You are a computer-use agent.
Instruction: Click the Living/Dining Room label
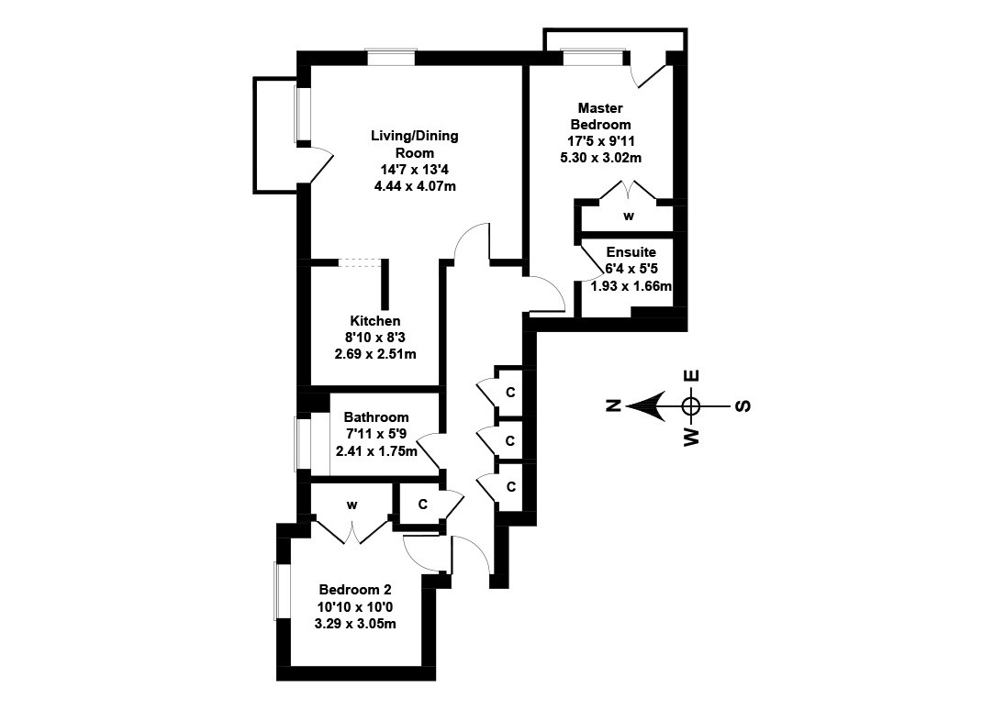coord(414,144)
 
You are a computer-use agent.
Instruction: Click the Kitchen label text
coord(374,321)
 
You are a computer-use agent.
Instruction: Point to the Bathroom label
coord(376,417)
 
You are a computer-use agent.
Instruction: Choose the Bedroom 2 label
coord(357,590)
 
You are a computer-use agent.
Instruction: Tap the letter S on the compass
coord(743,405)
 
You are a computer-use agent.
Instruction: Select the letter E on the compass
coord(693,375)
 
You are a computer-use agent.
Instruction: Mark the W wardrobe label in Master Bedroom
coord(629,216)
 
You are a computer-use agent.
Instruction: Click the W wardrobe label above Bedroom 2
coord(352,505)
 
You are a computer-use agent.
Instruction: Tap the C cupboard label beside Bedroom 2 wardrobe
coord(422,505)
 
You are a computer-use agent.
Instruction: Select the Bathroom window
coord(298,445)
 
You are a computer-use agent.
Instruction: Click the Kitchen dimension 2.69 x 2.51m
coord(380,354)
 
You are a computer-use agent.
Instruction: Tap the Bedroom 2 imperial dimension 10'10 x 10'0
coord(357,607)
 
